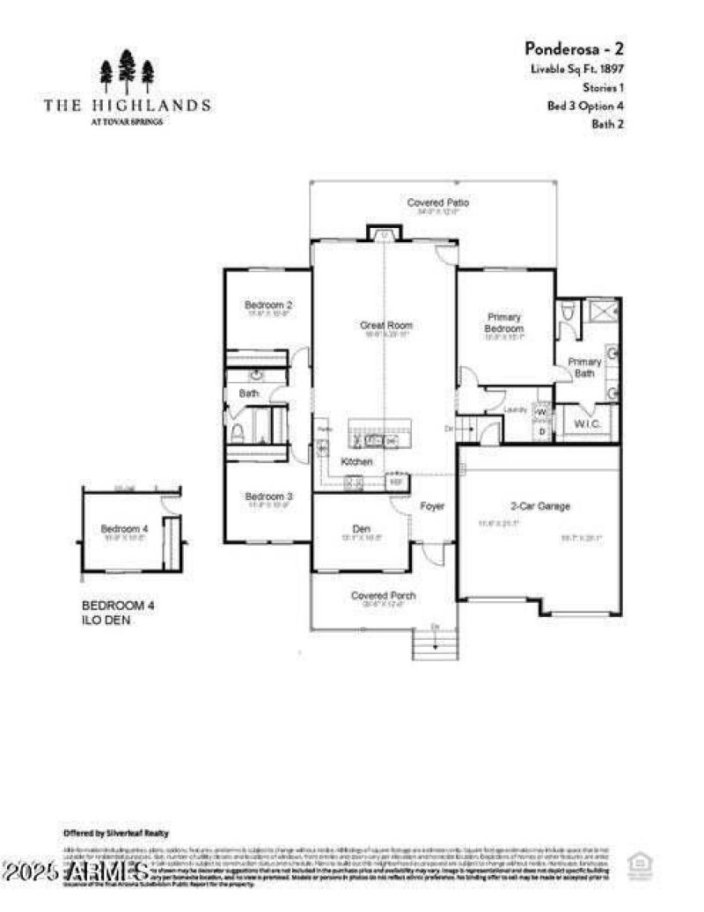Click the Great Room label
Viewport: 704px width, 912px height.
click(385, 326)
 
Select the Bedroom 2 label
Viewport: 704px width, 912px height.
click(268, 305)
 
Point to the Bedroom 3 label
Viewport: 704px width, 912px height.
click(268, 496)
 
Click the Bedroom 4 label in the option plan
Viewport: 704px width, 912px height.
click(124, 528)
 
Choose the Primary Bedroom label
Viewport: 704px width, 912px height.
click(504, 322)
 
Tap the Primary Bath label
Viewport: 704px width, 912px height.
click(584, 367)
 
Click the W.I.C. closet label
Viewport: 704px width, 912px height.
click(587, 424)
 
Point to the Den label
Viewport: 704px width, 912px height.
click(362, 528)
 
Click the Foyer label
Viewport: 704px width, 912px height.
click(432, 507)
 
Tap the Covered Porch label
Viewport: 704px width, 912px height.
click(383, 596)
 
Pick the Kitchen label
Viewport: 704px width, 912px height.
click(357, 462)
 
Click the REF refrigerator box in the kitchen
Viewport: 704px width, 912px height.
click(396, 482)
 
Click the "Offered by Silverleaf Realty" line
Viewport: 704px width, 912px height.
click(116, 833)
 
